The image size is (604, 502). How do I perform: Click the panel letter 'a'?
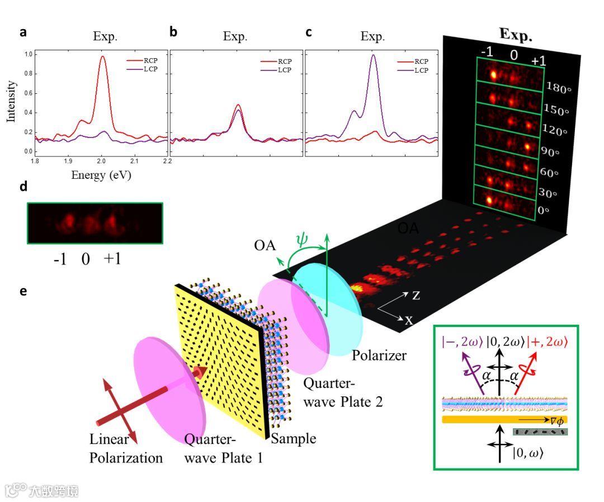(x=23, y=32)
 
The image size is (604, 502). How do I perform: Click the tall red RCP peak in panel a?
(x=102, y=57)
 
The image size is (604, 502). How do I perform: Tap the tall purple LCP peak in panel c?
(x=374, y=56)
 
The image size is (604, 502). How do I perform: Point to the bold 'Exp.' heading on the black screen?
(x=515, y=35)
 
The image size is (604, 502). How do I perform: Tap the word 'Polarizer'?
(x=378, y=356)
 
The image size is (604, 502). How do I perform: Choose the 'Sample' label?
(x=294, y=439)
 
